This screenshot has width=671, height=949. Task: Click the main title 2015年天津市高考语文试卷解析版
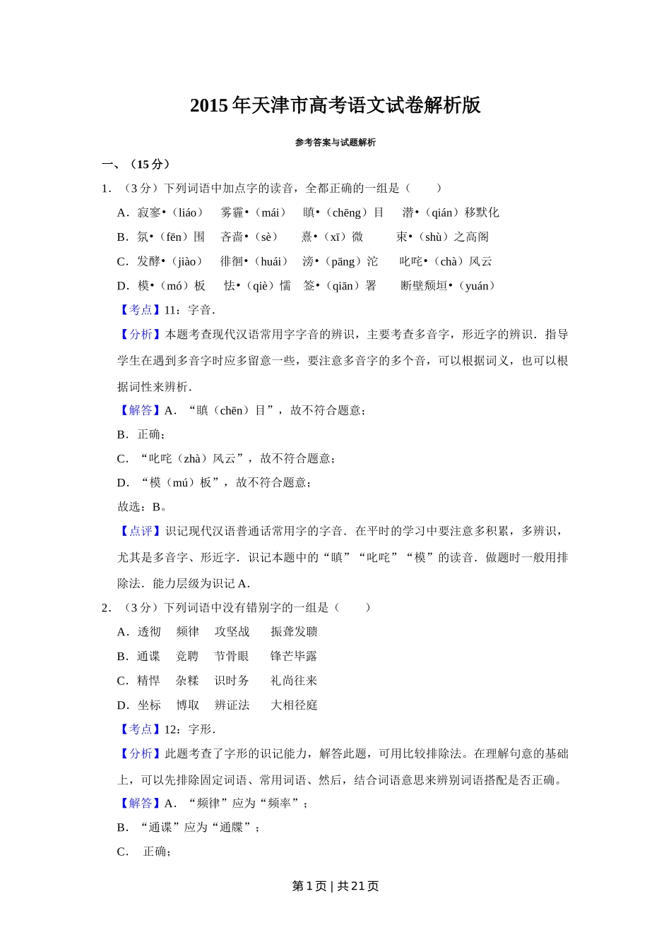(335, 105)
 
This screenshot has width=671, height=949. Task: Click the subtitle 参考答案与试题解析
(335, 143)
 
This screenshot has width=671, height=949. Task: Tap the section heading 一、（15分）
(136, 165)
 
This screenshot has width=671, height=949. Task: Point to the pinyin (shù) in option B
(434, 237)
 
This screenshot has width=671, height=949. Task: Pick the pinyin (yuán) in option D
(477, 286)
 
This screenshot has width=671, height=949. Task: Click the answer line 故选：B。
(142, 506)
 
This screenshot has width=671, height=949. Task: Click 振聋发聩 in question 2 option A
(294, 632)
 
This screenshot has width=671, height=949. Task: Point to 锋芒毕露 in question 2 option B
(294, 657)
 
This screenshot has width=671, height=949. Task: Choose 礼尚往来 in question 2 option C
(294, 681)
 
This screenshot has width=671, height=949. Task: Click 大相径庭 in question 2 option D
(294, 705)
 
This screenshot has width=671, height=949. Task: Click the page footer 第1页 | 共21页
(335, 886)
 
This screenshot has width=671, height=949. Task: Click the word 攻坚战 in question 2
(232, 632)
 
